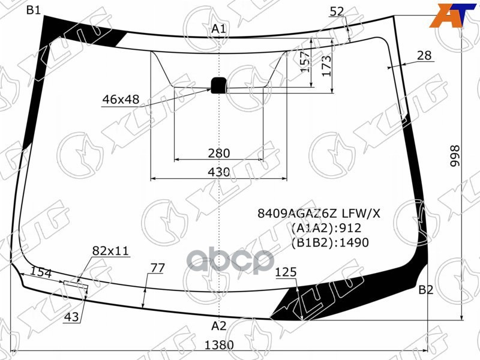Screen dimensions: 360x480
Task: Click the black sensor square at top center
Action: point(218,85)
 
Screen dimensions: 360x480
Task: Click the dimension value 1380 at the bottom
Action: point(219,346)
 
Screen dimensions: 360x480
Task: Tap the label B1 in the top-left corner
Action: point(33,10)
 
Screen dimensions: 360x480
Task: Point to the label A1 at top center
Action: point(218,29)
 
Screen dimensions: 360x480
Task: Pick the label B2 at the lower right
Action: point(425,290)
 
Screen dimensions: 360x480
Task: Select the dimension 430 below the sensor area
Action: point(219,172)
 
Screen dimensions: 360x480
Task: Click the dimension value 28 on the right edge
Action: point(424,55)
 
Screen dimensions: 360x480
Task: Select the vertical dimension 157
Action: point(306,61)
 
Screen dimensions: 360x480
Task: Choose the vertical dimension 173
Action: point(326,65)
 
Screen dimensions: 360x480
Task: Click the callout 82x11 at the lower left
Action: point(110,251)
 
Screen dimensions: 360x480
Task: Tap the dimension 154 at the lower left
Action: point(41,273)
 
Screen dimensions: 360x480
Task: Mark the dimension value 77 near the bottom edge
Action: point(157,268)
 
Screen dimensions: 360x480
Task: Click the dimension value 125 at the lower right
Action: point(286,273)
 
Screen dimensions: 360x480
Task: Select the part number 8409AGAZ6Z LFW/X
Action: point(319,213)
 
